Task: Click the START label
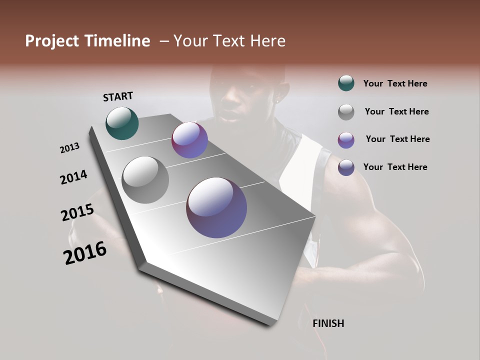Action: click(x=118, y=96)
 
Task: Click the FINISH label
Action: click(x=328, y=323)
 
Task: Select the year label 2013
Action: click(x=70, y=148)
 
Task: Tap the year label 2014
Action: click(x=73, y=177)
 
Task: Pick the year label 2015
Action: click(x=77, y=212)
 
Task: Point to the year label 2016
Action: click(x=85, y=252)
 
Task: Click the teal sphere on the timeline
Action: click(x=122, y=123)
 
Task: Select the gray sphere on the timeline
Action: click(x=145, y=180)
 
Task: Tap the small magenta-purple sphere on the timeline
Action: click(x=189, y=140)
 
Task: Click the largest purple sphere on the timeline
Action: click(x=216, y=207)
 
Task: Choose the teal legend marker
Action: click(x=346, y=83)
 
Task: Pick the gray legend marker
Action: click(x=346, y=112)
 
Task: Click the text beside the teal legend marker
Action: click(x=395, y=84)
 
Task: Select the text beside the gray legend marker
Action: click(x=396, y=111)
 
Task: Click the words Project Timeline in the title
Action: click(x=87, y=41)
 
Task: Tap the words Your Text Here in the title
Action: click(x=229, y=41)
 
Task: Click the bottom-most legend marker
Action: click(x=346, y=167)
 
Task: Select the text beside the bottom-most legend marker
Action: click(x=395, y=167)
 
